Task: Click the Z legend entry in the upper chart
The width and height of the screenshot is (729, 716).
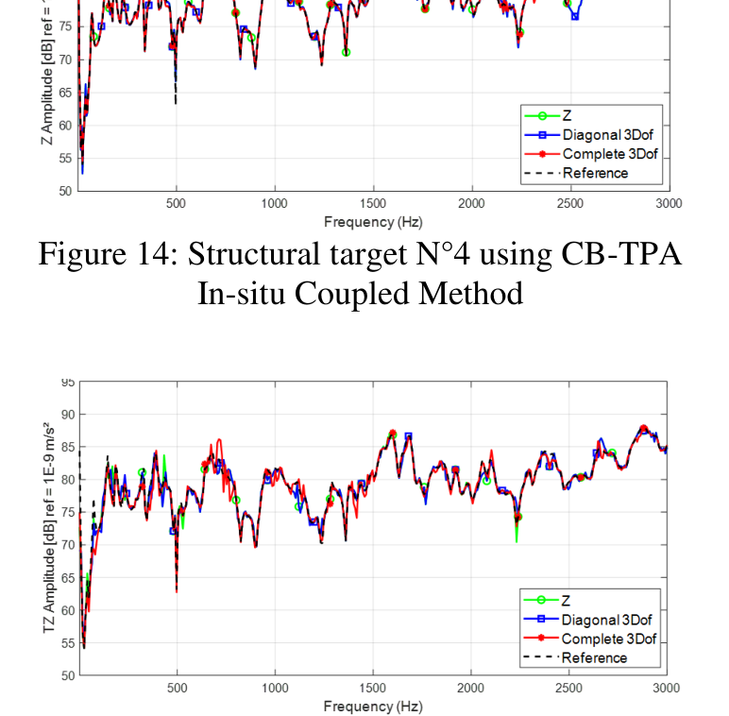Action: point(568,115)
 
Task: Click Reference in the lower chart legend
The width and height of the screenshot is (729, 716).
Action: point(595,657)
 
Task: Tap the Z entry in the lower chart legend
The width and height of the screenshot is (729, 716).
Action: point(567,600)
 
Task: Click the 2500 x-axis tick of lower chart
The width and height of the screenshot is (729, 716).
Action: point(569,689)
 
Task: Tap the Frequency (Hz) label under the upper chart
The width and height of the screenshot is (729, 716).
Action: point(372,222)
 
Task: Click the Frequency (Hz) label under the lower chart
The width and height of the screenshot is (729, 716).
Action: point(372,707)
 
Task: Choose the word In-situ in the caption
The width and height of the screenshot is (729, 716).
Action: point(243,293)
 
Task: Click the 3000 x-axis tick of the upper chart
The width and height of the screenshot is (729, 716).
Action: point(668,204)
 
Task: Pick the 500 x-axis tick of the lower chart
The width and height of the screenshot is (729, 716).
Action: point(177,689)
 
